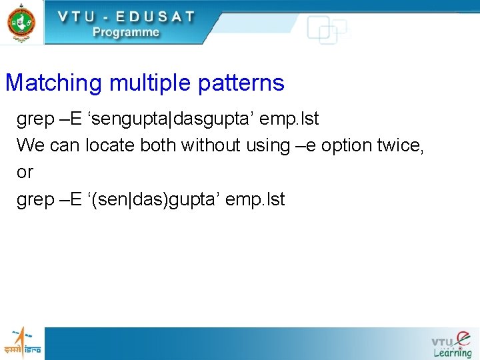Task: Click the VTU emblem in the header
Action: (21, 21)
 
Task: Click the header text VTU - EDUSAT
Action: (125, 17)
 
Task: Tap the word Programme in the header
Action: (126, 32)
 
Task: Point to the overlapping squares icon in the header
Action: (326, 30)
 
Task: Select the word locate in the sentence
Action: (112, 145)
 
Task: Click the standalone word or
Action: (25, 173)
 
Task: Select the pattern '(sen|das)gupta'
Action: (151, 199)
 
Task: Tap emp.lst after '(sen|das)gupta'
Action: (255, 199)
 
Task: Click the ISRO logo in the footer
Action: (22, 343)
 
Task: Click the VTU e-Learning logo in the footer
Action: (452, 344)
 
